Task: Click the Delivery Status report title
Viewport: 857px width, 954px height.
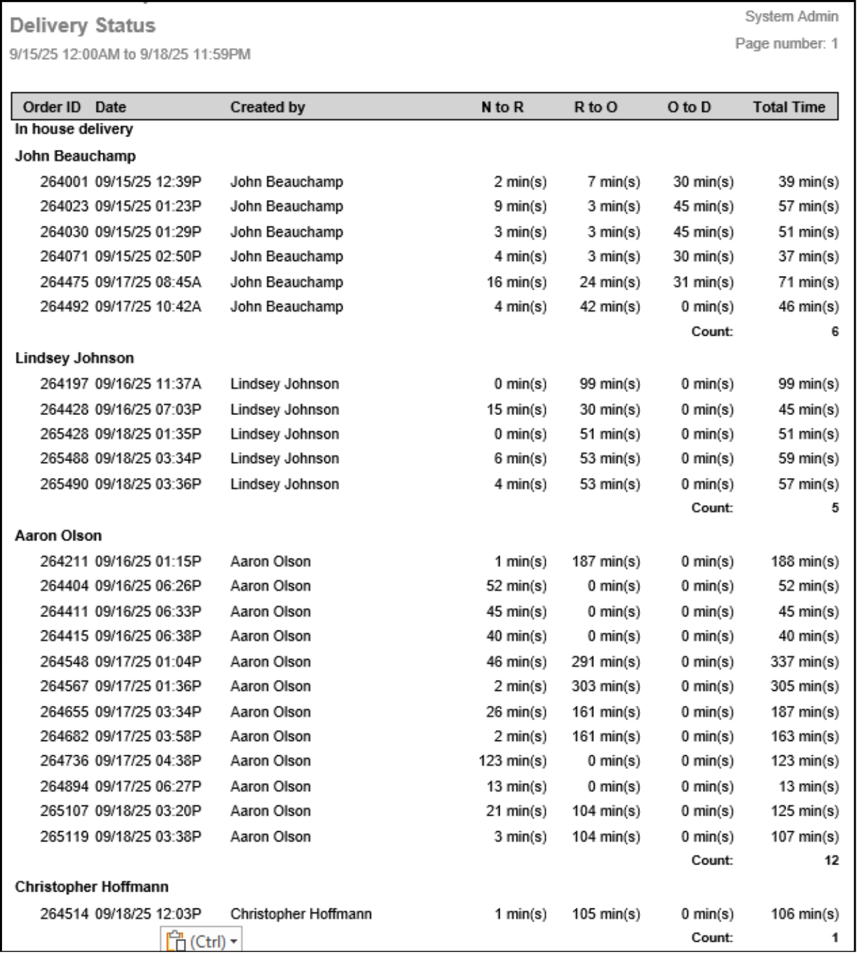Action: (x=83, y=25)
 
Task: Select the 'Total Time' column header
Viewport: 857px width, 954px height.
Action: (x=789, y=107)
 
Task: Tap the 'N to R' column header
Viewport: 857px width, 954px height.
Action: (x=502, y=107)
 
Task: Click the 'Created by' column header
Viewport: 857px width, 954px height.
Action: (x=267, y=107)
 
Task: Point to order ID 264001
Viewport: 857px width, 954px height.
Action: (x=64, y=182)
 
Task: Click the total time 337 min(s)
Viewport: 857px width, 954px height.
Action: (x=804, y=662)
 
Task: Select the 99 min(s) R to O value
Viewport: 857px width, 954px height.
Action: (x=609, y=384)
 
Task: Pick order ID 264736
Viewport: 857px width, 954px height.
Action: (x=64, y=760)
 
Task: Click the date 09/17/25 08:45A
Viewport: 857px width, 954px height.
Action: (x=148, y=282)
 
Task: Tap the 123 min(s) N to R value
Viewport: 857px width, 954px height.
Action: (x=513, y=760)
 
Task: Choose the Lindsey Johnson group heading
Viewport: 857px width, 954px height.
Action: (x=74, y=358)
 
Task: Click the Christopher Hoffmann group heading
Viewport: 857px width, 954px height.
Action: (x=92, y=886)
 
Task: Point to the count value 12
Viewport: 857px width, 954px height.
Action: (x=832, y=860)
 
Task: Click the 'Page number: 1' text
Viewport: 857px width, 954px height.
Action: (x=786, y=44)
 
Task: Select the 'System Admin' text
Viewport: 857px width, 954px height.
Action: (x=791, y=16)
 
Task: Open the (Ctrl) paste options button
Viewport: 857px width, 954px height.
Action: (x=201, y=941)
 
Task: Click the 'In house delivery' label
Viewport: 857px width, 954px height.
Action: (x=73, y=129)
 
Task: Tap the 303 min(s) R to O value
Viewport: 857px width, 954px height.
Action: (x=606, y=686)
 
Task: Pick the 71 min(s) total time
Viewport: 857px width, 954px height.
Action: (x=808, y=282)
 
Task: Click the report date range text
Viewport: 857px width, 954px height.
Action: (x=130, y=55)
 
